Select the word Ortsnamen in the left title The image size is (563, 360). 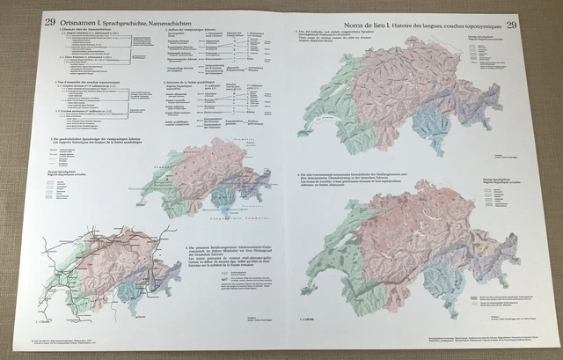84,21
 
